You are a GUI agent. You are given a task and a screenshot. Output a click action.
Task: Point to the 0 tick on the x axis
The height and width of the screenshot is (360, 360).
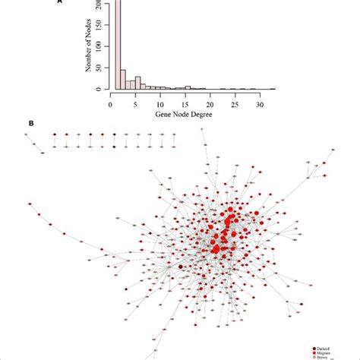(111, 102)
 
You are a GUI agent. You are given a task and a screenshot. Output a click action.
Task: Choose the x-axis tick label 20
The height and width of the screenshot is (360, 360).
(210, 102)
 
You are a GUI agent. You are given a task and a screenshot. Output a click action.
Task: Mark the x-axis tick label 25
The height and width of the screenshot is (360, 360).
(235, 102)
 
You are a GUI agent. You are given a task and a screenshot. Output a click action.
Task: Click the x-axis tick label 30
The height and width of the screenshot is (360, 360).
(260, 102)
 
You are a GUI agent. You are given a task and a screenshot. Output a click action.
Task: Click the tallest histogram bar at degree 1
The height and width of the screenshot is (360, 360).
(116, 46)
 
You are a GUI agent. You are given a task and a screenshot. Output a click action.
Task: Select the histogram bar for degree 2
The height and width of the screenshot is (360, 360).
(122, 80)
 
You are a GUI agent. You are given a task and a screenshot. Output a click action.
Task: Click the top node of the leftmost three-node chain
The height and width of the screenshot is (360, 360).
(27, 134)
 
